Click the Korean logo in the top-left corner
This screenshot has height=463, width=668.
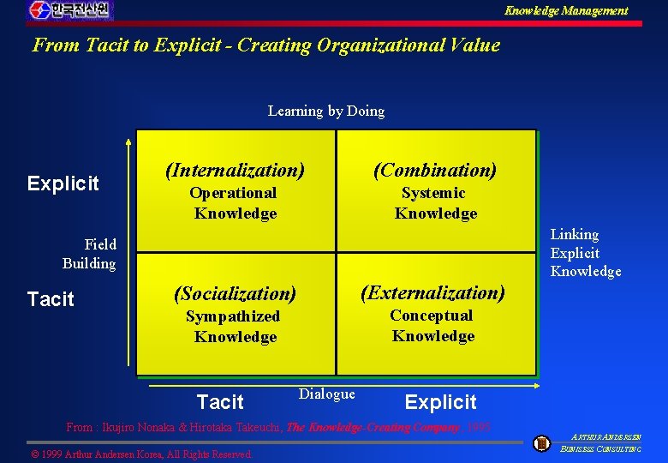69,10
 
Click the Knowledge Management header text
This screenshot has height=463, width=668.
565,11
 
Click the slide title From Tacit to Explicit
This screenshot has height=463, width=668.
265,45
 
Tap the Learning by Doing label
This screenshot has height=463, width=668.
326,111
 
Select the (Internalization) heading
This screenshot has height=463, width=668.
235,171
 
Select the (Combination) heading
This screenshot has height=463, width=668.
435,170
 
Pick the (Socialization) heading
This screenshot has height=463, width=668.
235,294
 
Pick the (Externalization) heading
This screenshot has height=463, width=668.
433,292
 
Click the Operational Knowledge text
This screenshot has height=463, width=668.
234,203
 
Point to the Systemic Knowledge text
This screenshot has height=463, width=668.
435,203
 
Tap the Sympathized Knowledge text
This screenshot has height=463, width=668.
234,327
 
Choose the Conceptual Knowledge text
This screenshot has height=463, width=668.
432,326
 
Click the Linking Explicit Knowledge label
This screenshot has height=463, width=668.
585,253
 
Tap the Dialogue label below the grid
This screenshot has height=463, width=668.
326,394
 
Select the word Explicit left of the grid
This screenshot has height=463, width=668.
63,183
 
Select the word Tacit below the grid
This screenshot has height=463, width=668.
220,402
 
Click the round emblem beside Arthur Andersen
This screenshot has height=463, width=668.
541,443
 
